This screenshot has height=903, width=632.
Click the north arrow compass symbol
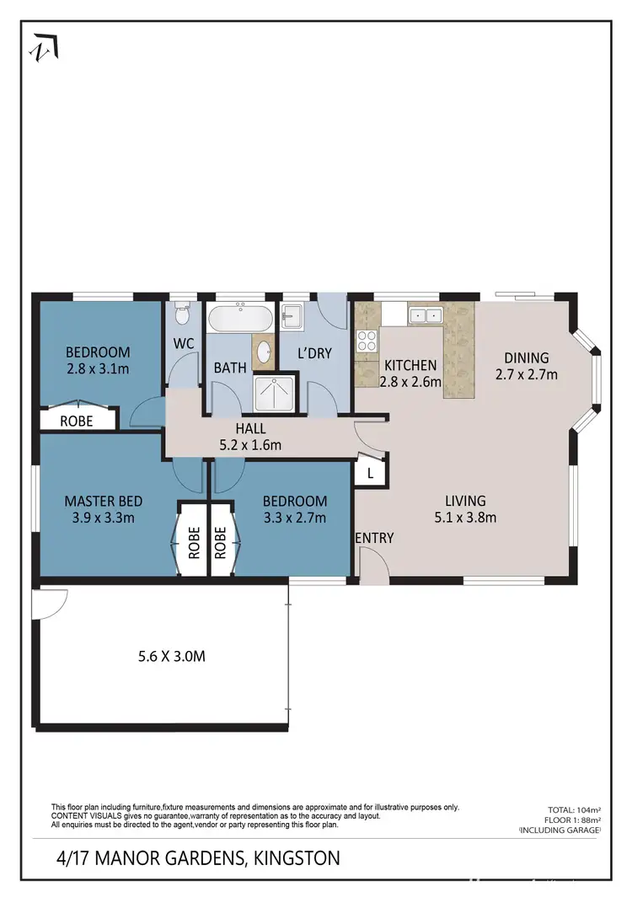coord(45,47)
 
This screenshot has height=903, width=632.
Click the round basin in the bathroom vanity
coord(264,352)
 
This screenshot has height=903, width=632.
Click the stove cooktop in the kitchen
coord(367,341)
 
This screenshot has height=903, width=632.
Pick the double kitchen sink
coord(426,316)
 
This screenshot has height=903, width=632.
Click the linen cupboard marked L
coord(370,474)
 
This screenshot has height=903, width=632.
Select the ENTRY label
coord(374,538)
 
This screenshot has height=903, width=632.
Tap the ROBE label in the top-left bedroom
coord(76,419)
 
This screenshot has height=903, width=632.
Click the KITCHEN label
coord(410,365)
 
